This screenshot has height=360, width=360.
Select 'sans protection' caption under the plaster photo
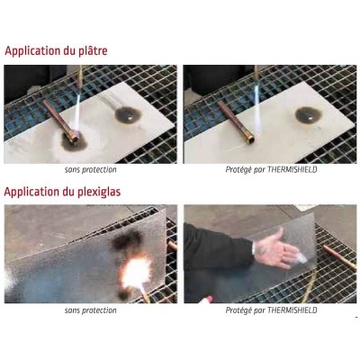(90, 169)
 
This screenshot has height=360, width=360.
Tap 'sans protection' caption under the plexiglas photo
(90, 310)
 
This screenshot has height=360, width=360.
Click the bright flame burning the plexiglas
(140, 269)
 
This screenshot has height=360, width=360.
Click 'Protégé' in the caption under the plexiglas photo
(238, 310)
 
